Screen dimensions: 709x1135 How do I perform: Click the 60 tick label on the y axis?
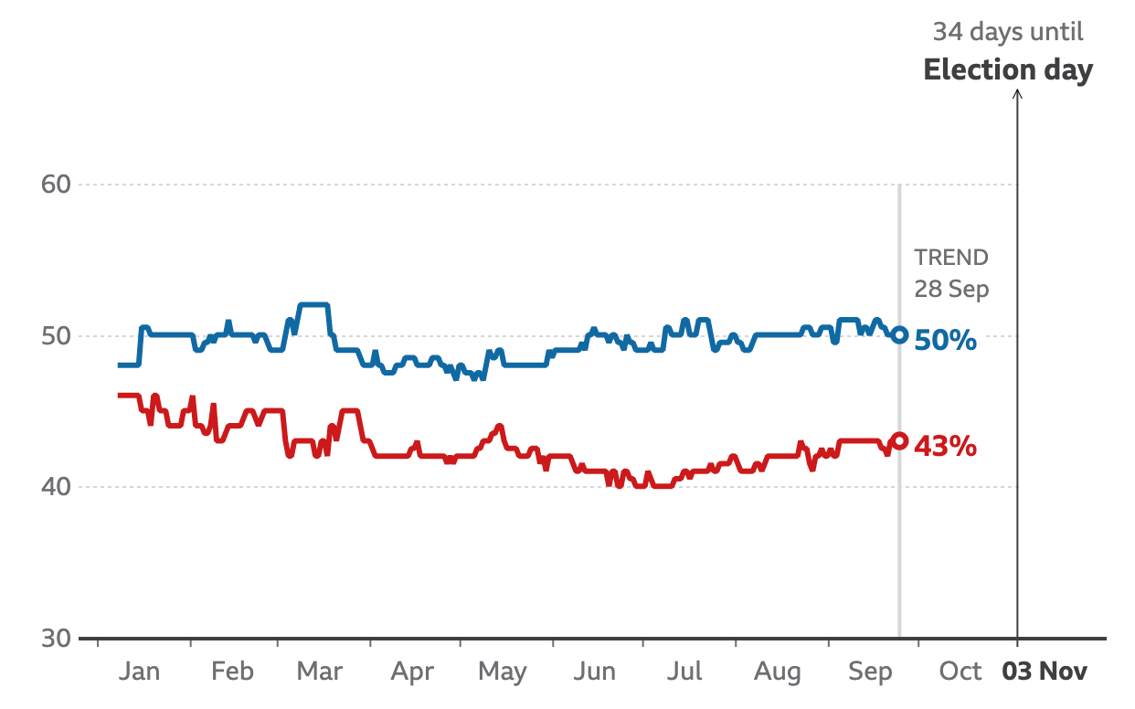tap(56, 185)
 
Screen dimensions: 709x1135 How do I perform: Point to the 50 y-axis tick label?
tap(56, 336)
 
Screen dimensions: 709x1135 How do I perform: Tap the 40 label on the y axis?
tap(56, 487)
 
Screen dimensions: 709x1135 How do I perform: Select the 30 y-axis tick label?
tap(56, 638)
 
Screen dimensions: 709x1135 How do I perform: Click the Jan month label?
tap(139, 672)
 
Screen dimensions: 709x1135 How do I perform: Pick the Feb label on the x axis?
tap(231, 672)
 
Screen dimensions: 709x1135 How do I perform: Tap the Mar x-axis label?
tap(320, 672)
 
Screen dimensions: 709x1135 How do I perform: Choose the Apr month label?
tap(412, 672)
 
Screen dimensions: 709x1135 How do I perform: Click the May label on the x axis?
tap(502, 672)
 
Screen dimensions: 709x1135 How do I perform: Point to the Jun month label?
tap(595, 672)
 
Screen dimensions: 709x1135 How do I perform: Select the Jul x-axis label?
tap(684, 672)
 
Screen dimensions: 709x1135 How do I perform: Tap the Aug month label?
tap(778, 672)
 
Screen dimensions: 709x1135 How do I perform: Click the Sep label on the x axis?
tap(870, 672)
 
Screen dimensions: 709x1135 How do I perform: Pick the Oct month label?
tap(960, 672)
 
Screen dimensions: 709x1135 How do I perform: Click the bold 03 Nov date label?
tap(1045, 672)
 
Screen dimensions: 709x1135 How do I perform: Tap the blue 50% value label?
tap(946, 342)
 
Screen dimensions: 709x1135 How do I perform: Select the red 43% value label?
tap(946, 447)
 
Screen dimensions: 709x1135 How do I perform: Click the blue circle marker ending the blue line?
tap(899, 335)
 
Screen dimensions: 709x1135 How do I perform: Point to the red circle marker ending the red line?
tap(899, 440)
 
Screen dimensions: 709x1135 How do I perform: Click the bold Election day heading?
tap(1008, 70)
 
